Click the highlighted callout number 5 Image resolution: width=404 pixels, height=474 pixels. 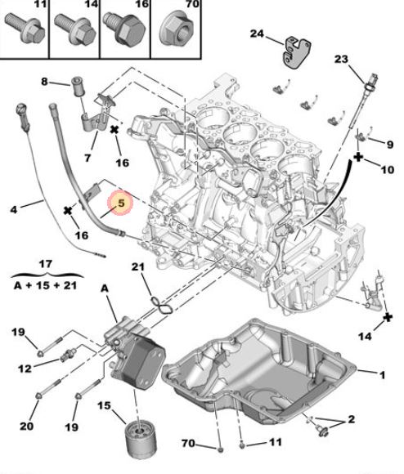pyautogui.click(x=120, y=202)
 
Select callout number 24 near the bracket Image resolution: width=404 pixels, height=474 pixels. pyautogui.click(x=258, y=34)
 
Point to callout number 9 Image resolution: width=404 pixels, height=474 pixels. pyautogui.click(x=389, y=144)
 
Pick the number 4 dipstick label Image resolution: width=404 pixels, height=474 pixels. pyautogui.click(x=14, y=210)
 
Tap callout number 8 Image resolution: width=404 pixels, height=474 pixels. pyautogui.click(x=46, y=82)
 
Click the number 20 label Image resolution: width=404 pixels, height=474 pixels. pyautogui.click(x=27, y=425)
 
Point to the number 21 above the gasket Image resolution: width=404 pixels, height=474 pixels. pyautogui.click(x=138, y=267)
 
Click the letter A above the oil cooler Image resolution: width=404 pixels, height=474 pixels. pyautogui.click(x=104, y=288)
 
